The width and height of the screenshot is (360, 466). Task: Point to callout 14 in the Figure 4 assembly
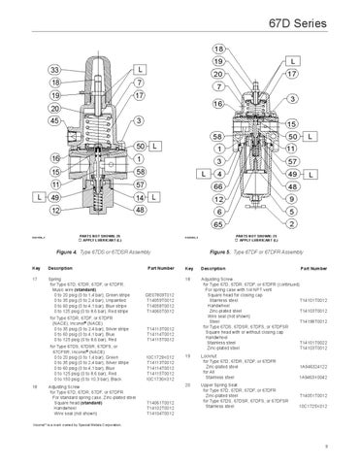(140, 196)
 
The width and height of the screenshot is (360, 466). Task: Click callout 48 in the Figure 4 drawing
(140, 209)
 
